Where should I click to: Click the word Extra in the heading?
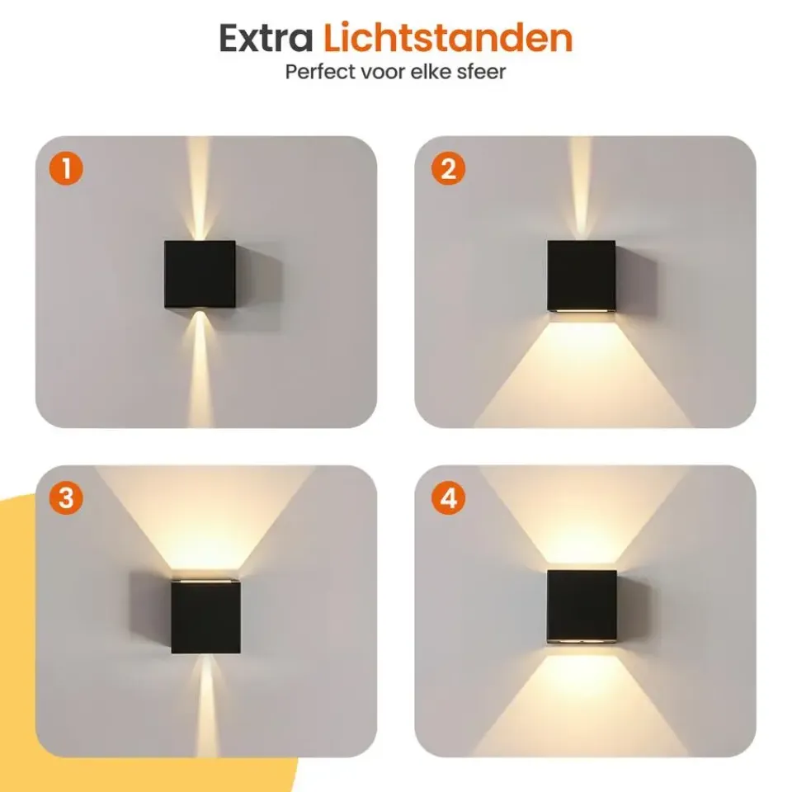pos(266,39)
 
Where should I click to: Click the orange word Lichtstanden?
pos(447,37)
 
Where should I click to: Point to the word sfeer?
pos(481,72)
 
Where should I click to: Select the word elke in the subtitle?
pos(431,72)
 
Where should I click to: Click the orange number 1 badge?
pos(66,168)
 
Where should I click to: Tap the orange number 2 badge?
pos(448,168)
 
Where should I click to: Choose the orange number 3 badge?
pos(66,498)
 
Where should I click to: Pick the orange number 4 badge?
pos(448,498)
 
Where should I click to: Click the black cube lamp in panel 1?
pos(200,274)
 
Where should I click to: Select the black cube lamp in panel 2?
pos(582,276)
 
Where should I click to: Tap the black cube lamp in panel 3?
pos(205,616)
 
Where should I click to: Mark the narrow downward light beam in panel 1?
pos(200,369)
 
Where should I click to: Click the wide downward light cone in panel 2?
pos(582,374)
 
